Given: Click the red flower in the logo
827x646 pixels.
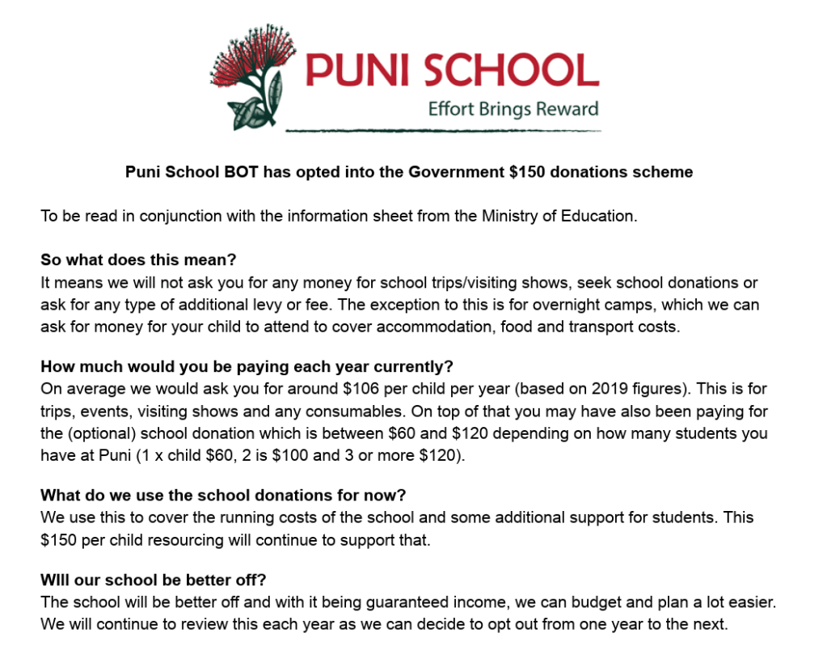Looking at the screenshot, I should [247, 57].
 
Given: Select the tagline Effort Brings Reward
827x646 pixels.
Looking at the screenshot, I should [513, 109].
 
